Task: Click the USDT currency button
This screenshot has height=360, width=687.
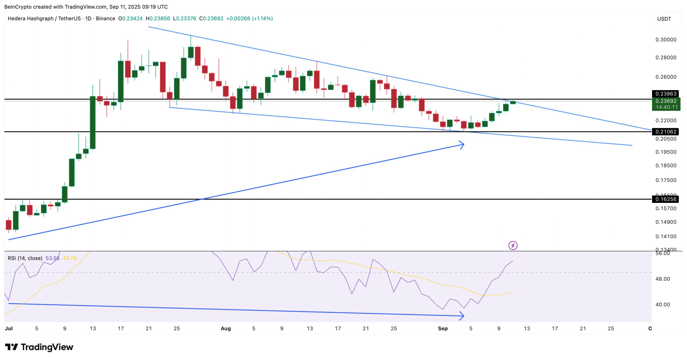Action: [664, 19]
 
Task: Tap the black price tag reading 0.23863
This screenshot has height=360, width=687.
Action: [666, 94]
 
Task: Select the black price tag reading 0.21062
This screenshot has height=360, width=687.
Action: [666, 131]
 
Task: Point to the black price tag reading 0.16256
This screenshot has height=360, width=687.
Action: [666, 199]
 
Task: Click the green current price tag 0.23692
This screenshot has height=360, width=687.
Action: [666, 101]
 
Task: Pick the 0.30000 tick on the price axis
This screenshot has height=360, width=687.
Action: [666, 40]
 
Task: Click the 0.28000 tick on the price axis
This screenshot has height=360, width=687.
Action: [666, 57]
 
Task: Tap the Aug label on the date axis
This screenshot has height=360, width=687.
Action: [226, 328]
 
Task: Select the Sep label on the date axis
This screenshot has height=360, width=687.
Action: [443, 328]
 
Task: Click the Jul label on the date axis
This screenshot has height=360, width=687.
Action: [9, 328]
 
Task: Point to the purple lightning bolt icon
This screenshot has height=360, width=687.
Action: [513, 245]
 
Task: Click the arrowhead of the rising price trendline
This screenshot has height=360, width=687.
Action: [462, 145]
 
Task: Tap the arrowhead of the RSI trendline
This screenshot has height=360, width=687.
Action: [462, 316]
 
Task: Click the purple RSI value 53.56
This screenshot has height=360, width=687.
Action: [52, 258]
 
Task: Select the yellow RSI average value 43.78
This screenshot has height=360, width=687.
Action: [70, 258]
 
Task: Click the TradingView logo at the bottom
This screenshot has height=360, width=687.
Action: [39, 347]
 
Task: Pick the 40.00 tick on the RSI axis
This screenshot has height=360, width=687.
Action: [662, 304]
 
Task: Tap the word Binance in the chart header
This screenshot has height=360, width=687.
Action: [105, 19]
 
